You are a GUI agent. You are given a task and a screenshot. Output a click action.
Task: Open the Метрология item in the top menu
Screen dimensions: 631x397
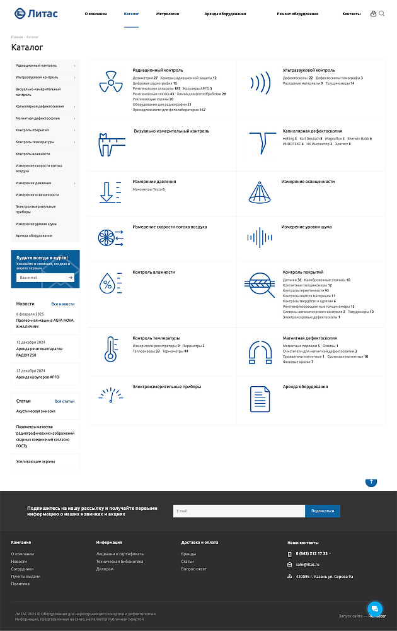coord(168,13)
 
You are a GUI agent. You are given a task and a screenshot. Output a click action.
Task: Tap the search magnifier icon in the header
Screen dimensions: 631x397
coord(381,13)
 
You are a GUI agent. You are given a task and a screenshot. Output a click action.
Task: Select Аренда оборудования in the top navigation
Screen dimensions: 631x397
coord(225,13)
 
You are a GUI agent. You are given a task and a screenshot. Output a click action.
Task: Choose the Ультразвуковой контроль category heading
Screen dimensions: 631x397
coord(309,70)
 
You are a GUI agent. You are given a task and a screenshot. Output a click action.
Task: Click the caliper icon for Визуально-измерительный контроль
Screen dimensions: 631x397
coord(112,144)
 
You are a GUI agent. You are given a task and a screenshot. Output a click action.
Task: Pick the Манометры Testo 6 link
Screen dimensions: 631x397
coord(149,189)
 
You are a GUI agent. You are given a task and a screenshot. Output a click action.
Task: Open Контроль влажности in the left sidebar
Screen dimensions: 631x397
coord(33,154)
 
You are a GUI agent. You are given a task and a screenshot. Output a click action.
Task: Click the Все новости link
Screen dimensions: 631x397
coord(63,304)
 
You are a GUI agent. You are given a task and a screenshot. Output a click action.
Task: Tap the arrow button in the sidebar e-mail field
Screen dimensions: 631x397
coord(71,278)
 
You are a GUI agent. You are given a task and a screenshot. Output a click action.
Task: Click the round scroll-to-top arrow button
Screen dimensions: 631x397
coord(371,481)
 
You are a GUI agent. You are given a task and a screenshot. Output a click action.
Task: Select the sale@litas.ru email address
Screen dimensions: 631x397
coord(308,564)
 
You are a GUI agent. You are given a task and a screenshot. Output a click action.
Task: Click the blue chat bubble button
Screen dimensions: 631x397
coord(375,608)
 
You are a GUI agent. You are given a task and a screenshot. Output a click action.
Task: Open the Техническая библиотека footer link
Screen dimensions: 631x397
coord(120,562)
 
